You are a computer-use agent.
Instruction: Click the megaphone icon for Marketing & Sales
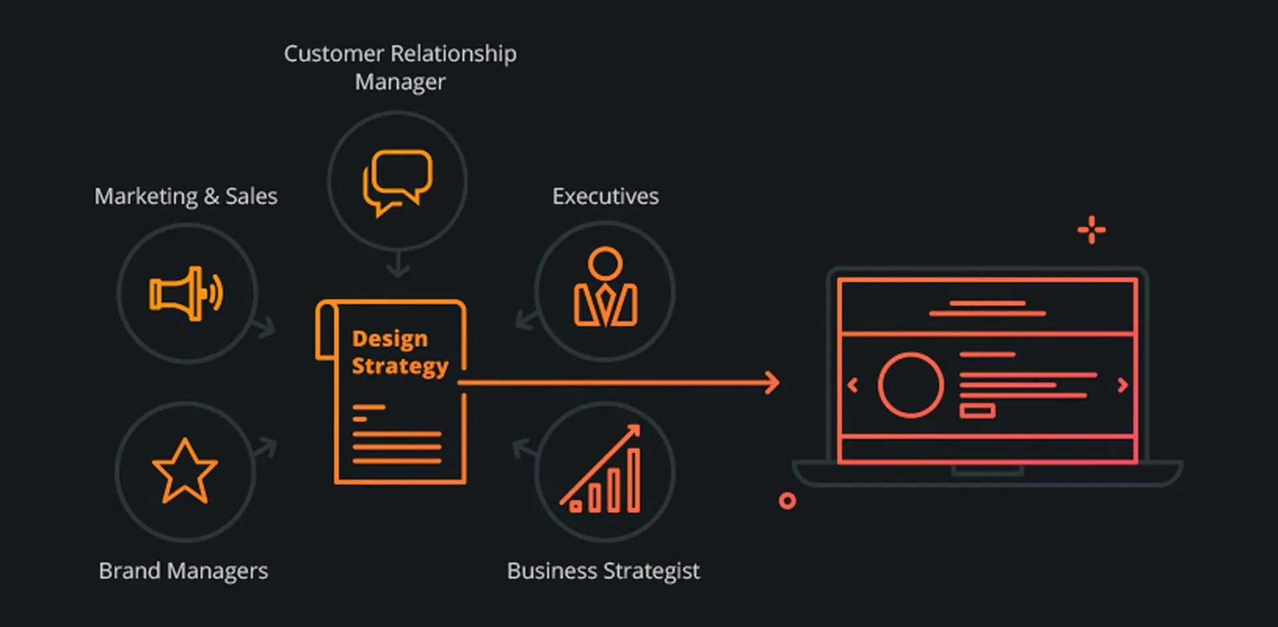186,294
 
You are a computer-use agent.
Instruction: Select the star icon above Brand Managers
185,472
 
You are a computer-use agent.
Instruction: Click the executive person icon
605,288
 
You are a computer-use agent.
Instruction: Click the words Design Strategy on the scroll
399,352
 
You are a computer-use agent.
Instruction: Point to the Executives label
605,196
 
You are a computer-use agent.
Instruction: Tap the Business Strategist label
603,571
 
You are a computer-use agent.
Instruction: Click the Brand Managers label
183,571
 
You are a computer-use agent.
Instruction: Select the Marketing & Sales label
186,196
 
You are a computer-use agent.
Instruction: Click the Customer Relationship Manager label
400,67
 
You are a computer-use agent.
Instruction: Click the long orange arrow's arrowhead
772,383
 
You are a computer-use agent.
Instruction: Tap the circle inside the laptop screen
911,385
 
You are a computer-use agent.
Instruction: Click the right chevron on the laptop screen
1122,385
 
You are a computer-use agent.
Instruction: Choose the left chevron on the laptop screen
853,385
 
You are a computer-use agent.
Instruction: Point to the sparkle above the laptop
1092,230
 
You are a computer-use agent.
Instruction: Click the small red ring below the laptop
787,501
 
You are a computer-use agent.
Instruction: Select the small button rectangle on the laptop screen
977,411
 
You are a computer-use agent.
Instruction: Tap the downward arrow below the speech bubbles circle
398,265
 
